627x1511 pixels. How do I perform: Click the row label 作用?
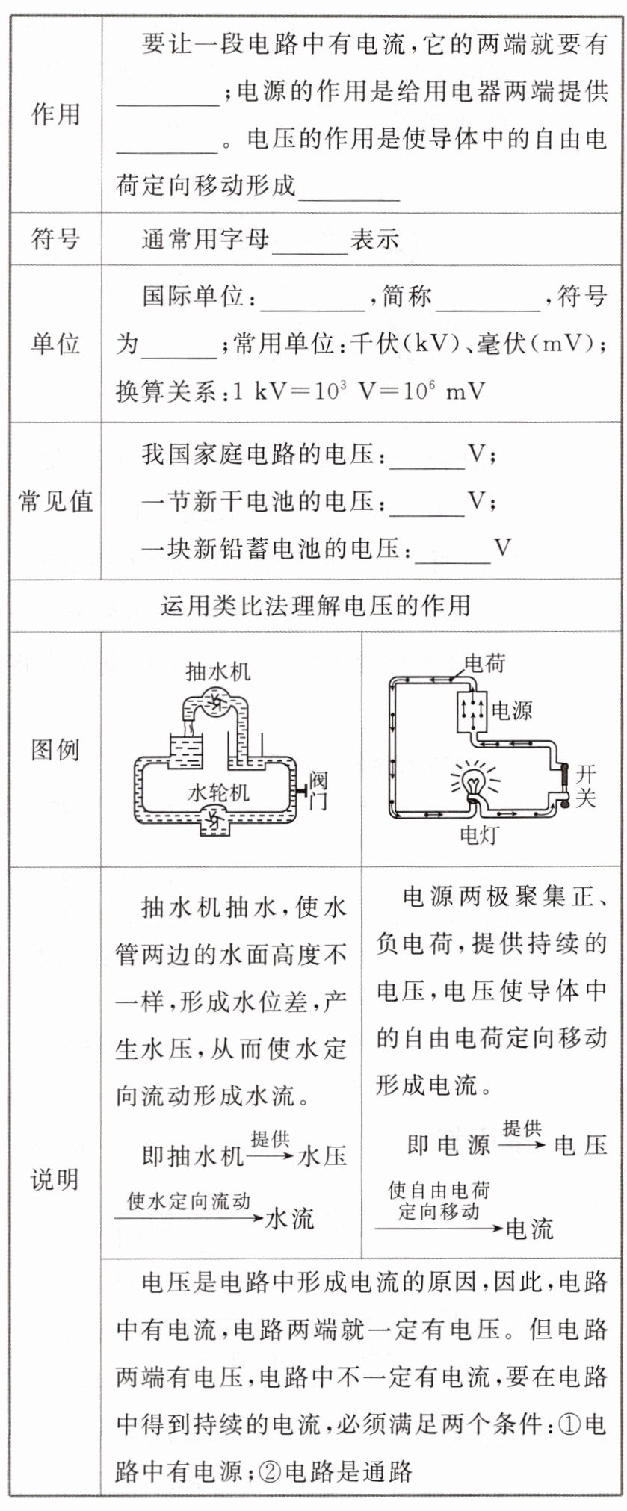coord(55,115)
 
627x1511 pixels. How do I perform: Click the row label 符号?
coord(55,239)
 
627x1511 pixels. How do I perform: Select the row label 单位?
coord(55,344)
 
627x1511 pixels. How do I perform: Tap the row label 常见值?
coord(55,501)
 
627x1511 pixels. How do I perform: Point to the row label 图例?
coord(55,749)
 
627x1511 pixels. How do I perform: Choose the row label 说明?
coord(55,1180)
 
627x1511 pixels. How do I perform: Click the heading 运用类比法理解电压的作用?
coord(315,605)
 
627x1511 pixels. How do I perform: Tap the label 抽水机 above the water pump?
coord(218,671)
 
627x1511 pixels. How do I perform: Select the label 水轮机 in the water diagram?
coord(218,792)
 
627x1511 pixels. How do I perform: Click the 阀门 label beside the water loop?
coord(318,792)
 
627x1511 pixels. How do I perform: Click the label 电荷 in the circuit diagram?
coord(485,663)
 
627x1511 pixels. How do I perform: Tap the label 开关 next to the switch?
coord(586,785)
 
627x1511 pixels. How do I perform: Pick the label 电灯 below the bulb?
coord(478,834)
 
